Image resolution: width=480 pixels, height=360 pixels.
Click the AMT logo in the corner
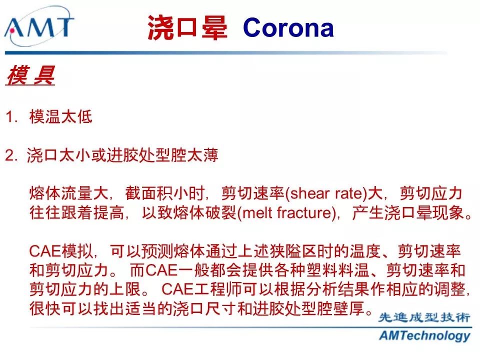39,26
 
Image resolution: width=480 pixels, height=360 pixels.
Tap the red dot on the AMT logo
12,30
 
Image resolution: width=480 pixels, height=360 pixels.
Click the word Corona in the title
288,27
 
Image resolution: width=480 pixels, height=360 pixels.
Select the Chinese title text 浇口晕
187,27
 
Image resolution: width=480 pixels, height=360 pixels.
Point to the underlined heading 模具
30,75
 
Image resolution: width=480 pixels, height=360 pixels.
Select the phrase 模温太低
60,116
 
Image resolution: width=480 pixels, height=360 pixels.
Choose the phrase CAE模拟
60,251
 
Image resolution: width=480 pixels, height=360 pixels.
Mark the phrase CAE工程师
201,289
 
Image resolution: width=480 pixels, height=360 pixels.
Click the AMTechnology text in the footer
424,336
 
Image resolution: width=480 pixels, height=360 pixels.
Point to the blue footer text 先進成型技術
424,317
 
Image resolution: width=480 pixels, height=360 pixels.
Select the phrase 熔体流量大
69,193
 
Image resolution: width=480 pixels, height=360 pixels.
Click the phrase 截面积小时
164,193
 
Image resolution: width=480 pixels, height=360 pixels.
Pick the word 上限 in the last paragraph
124,289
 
